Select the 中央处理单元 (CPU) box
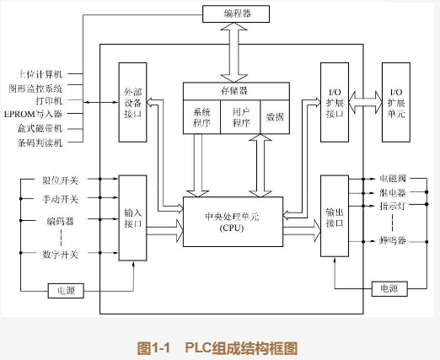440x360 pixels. (x=233, y=222)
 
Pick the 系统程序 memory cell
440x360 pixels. (x=202, y=116)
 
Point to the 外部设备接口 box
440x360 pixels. (x=132, y=102)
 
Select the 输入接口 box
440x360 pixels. (x=132, y=218)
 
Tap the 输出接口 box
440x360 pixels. (x=335, y=217)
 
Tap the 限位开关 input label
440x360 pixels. (x=60, y=180)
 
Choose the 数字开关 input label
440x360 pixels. (x=60, y=254)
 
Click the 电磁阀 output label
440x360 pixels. (x=393, y=180)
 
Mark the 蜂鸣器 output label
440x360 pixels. (x=393, y=241)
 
